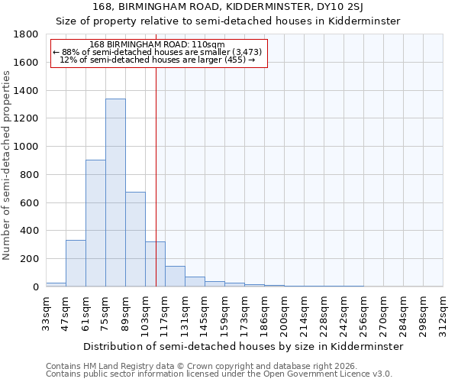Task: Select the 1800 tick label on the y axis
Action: click(x=25, y=34)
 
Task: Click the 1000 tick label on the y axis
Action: click(x=25, y=147)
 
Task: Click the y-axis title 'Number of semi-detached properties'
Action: click(x=8, y=160)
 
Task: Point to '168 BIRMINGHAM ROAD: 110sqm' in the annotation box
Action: click(x=156, y=44)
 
